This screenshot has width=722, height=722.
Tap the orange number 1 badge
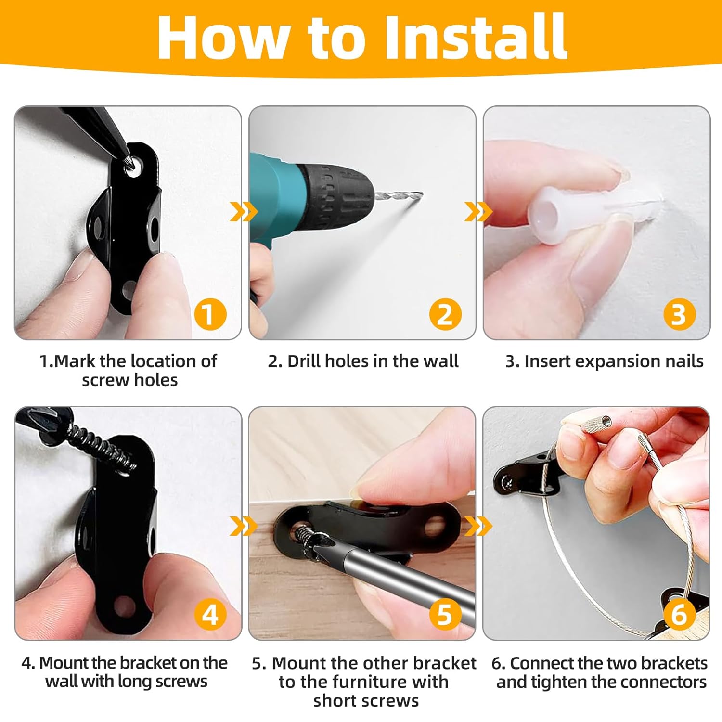pos(210,314)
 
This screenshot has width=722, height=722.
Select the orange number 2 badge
pos(445,314)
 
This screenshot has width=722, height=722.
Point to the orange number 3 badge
pos(679,314)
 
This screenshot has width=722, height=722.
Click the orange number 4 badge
pos(210,615)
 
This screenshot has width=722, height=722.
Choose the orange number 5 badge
pos(445,615)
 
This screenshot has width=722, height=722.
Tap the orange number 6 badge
pos(679,615)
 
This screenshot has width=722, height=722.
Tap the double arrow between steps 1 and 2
pos(244,212)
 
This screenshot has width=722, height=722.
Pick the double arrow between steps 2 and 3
pos(478,212)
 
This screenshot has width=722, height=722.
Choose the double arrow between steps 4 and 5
pos(244,526)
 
